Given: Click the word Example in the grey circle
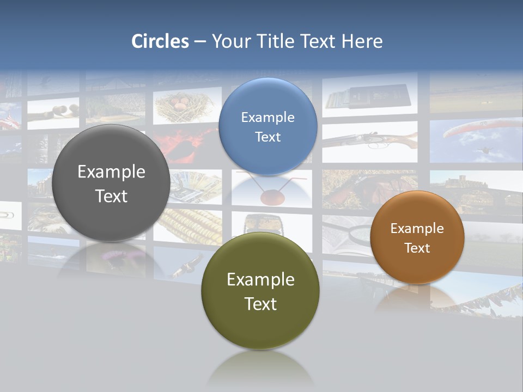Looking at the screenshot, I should point(111,172).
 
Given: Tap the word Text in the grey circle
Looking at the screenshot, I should point(111,196).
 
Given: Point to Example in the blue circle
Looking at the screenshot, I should point(267,118).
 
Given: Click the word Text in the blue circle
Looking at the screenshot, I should point(267,137).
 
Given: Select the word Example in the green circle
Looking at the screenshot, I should point(260,280).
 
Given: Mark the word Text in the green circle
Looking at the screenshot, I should point(260,304).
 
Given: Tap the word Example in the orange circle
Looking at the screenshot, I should point(417,229).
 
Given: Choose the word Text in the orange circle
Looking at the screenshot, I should point(417,248).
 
